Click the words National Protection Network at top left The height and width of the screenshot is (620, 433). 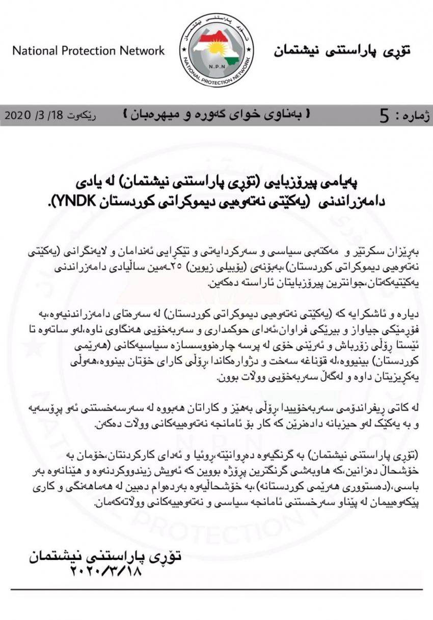click(x=88, y=51)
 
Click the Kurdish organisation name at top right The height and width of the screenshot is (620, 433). click(x=342, y=51)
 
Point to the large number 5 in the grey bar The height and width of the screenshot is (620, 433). click(x=384, y=117)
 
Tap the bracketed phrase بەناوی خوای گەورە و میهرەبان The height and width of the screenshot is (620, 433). click(x=216, y=116)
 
